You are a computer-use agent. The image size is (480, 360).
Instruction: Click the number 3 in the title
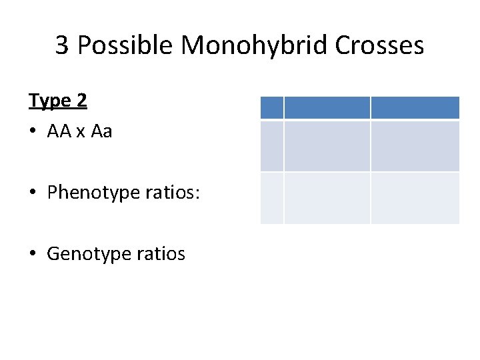(62, 45)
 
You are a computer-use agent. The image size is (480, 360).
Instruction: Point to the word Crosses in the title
(379, 45)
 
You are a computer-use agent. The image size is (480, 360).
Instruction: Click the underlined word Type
(50, 101)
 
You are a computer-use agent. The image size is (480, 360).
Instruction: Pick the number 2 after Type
(82, 100)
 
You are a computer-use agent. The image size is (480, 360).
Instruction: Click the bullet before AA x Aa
(33, 132)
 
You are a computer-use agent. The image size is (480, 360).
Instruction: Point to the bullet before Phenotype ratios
(33, 193)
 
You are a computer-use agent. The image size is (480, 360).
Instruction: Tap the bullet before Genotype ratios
(33, 254)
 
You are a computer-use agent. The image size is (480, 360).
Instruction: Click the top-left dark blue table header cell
(271, 107)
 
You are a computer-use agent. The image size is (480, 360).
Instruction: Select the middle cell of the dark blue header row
(327, 107)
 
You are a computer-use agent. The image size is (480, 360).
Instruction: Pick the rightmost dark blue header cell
(415, 107)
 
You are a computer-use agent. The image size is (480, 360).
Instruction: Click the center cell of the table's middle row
(327, 145)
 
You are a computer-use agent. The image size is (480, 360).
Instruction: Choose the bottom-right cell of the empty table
(415, 197)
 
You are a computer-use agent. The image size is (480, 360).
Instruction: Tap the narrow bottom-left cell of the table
(271, 197)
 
